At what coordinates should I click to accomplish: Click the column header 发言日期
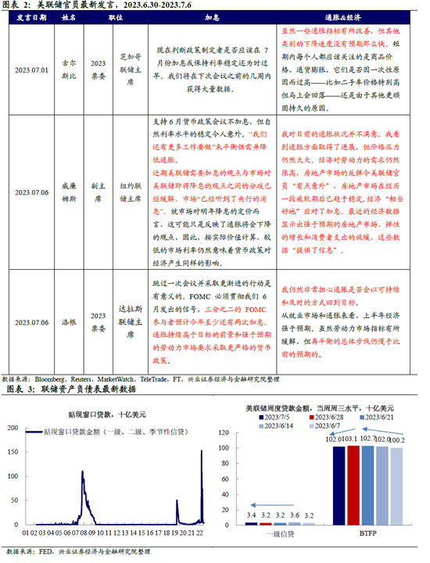tap(31, 16)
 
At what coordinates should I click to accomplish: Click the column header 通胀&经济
tap(348, 16)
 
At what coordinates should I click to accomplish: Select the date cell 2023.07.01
tap(31, 69)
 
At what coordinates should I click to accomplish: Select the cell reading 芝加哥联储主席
tap(130, 69)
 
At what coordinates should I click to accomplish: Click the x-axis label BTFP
tap(367, 534)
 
